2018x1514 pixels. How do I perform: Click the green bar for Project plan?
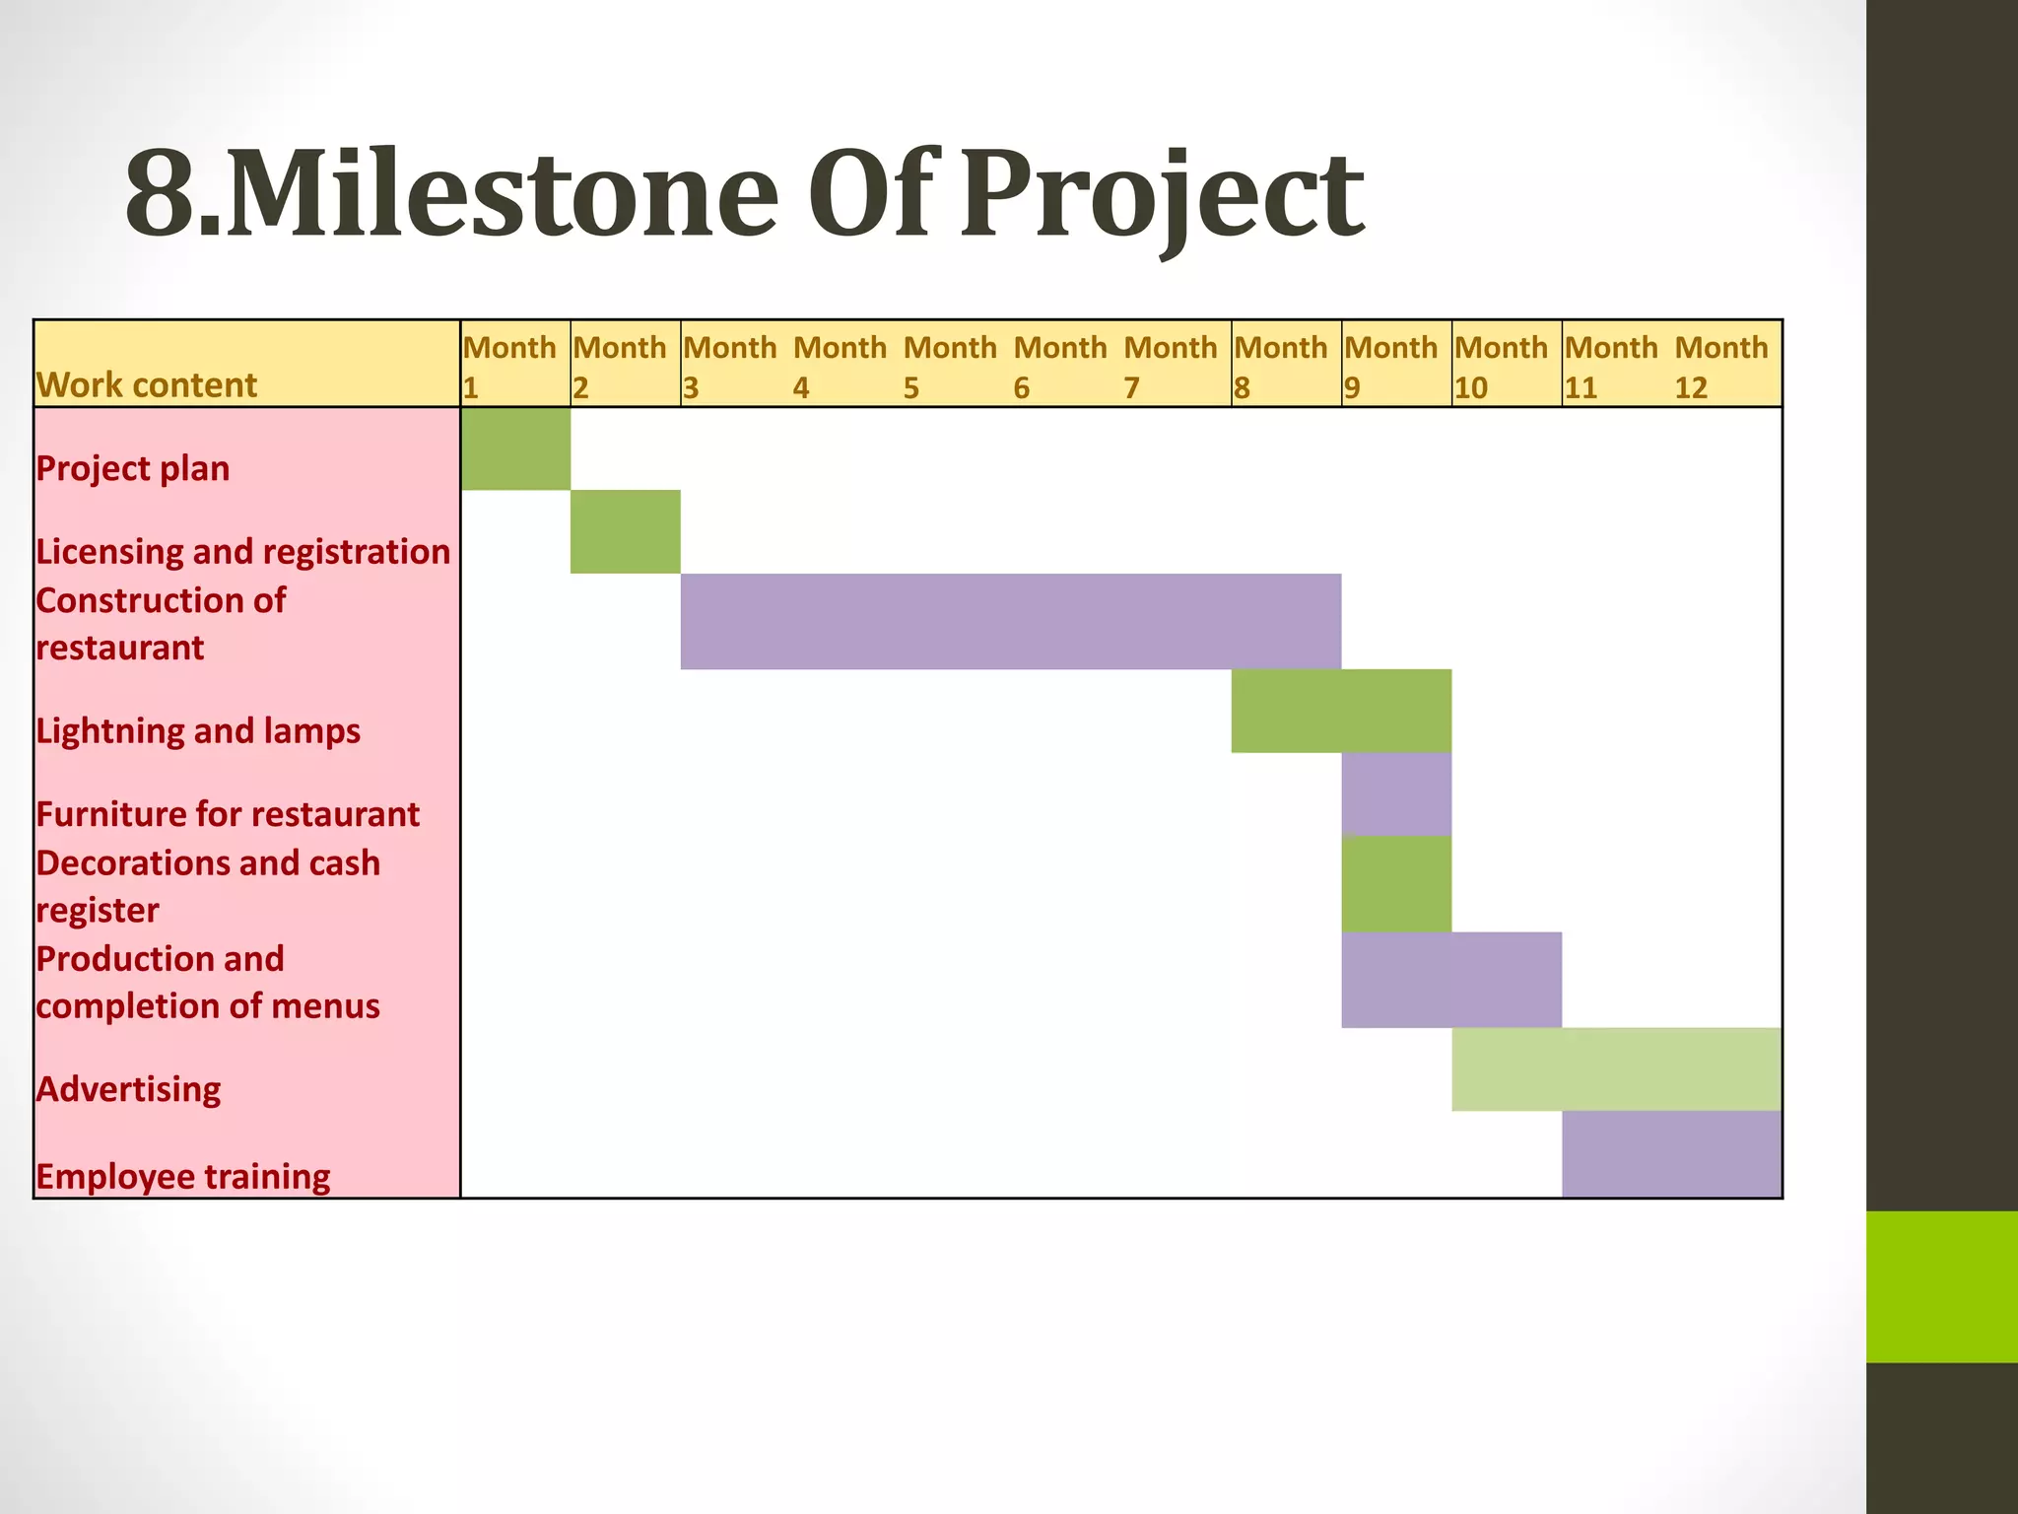click(x=515, y=448)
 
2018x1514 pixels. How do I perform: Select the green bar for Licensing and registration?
click(x=625, y=531)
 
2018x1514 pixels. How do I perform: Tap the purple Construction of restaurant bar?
click(x=1010, y=621)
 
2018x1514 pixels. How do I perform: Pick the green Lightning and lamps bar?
click(x=1341, y=711)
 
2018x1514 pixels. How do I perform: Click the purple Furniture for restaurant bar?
click(x=1396, y=793)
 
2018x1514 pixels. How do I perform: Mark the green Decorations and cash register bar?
click(x=1396, y=883)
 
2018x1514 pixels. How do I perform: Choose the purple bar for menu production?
click(x=1451, y=980)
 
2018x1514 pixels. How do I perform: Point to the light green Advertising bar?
click(x=1616, y=1069)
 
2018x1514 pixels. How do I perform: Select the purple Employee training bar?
click(x=1671, y=1154)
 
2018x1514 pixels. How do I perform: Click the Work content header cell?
click(x=147, y=384)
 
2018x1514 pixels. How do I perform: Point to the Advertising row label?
click(x=129, y=1089)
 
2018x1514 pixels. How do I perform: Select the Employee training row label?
click(x=183, y=1176)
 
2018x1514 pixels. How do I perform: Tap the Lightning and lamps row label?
click(x=198, y=730)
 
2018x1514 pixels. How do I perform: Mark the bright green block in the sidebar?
click(x=1941, y=1286)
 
